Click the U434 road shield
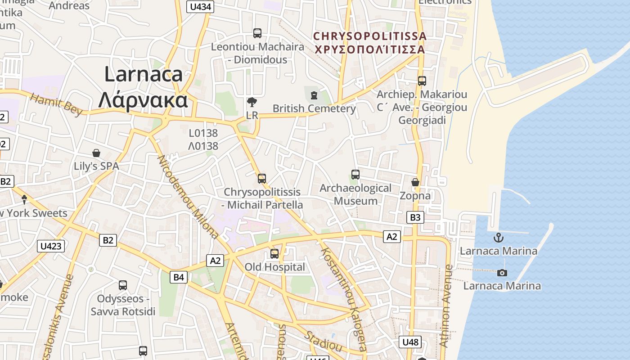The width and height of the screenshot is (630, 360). [200, 7]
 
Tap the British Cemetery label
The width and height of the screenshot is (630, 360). [314, 108]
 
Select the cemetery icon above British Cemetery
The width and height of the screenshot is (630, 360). [314, 95]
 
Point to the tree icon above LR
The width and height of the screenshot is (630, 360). [252, 102]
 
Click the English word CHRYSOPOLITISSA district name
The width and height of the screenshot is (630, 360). [369, 36]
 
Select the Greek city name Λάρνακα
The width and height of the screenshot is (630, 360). [143, 100]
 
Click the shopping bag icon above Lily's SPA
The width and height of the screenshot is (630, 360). [96, 153]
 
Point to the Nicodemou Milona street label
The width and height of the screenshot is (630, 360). [188, 197]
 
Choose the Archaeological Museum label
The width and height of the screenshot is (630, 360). [355, 194]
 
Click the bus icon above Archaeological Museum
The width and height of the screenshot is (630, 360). [355, 175]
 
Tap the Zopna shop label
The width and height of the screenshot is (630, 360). [415, 196]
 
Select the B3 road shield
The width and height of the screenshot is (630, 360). [415, 218]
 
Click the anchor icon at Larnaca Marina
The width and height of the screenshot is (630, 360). [498, 238]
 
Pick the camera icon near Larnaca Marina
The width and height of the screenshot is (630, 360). [502, 273]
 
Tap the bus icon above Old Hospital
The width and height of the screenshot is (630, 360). [274, 254]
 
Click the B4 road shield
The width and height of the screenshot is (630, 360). [179, 277]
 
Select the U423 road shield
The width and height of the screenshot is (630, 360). [51, 246]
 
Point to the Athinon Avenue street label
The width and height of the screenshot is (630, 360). [445, 306]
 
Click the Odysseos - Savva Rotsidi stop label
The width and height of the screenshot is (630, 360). [123, 305]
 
